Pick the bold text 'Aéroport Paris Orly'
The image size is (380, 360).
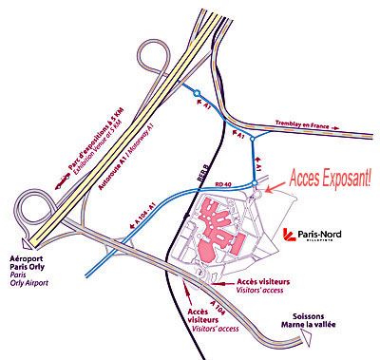coord(32,264)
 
